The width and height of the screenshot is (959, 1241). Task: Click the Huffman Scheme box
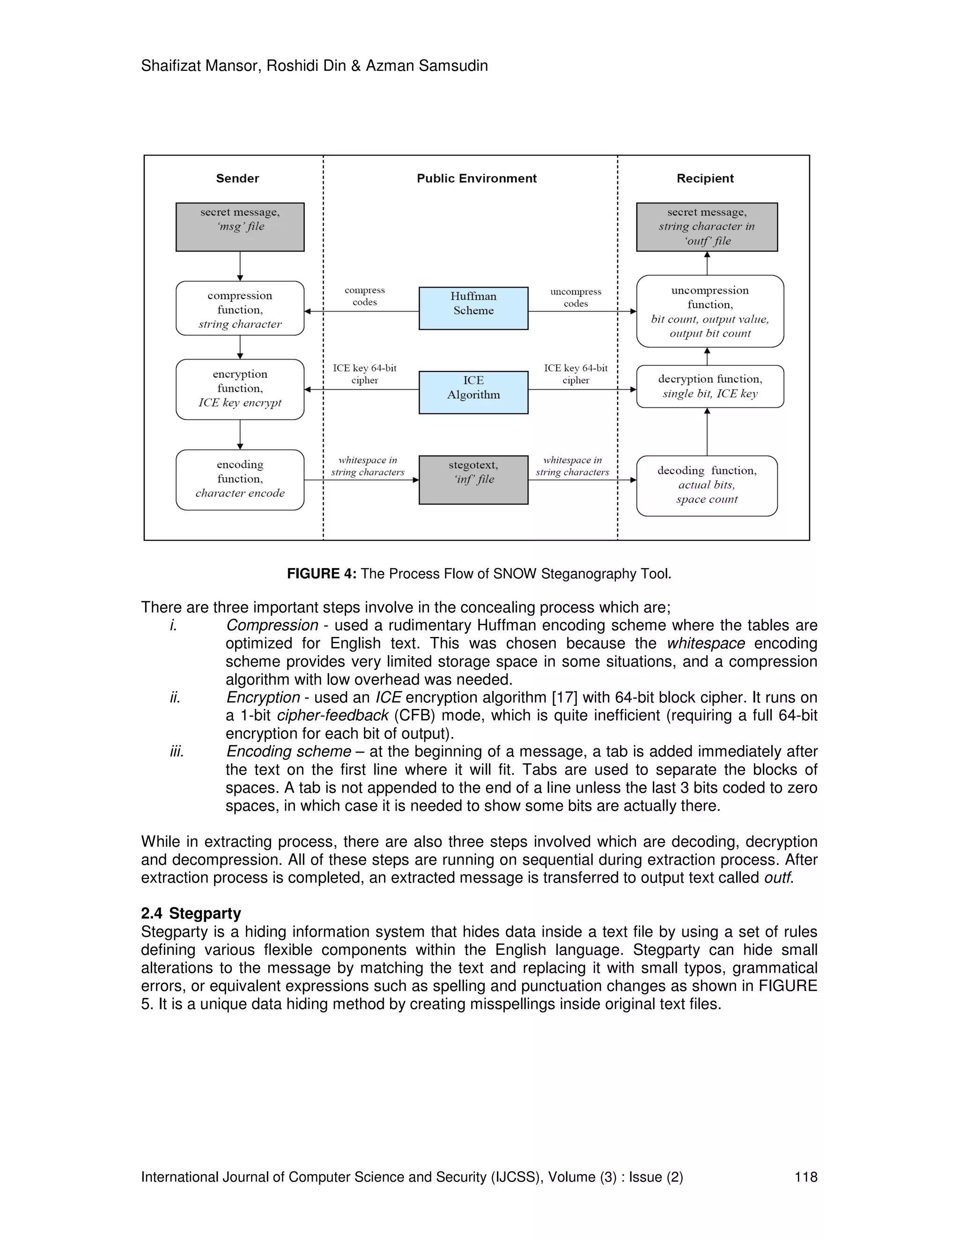click(473, 308)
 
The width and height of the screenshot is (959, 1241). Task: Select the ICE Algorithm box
click(473, 392)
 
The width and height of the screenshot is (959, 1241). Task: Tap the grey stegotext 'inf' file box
click(473, 479)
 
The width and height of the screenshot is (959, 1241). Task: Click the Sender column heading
click(237, 178)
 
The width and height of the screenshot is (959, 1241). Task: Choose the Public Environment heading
click(476, 178)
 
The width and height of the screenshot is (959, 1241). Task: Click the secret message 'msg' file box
click(240, 227)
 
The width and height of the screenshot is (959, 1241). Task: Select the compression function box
click(240, 308)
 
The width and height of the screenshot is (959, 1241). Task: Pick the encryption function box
click(240, 389)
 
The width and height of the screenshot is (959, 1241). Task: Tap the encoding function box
click(240, 479)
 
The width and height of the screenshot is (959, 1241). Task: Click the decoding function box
click(707, 485)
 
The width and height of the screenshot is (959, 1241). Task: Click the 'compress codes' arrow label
click(365, 296)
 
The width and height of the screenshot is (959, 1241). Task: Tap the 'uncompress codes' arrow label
click(575, 297)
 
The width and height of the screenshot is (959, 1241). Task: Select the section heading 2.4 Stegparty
click(191, 913)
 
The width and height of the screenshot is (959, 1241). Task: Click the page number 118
click(805, 1176)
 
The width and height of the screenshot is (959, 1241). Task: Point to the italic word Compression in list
click(272, 625)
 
